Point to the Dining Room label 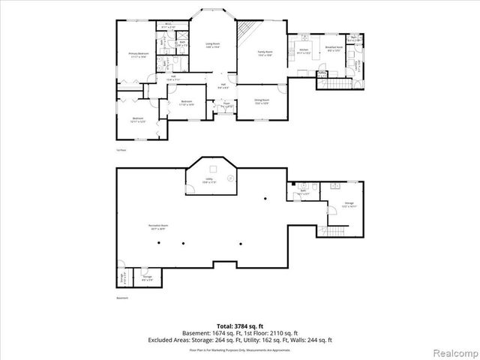(x=262, y=101)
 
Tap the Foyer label (x=227, y=104)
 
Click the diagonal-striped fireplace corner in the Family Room (x=247, y=33)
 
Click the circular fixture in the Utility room (x=232, y=178)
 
